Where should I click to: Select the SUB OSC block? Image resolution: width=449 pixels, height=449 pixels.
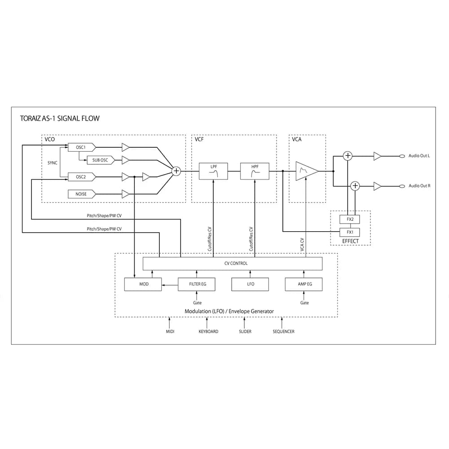(101, 160)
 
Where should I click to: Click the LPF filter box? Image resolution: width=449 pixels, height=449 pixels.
(213, 171)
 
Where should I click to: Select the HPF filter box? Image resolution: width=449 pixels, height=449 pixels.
(255, 171)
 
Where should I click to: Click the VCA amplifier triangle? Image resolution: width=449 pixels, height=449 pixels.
(307, 171)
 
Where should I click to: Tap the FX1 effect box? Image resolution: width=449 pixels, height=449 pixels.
(350, 232)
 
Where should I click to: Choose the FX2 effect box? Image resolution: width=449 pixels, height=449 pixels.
(350, 220)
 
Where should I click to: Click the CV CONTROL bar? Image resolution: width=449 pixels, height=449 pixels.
(233, 264)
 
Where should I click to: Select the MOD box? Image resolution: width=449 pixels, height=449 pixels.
(143, 284)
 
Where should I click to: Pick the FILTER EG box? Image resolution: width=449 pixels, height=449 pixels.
(197, 284)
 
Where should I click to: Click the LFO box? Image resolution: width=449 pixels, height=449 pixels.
(250, 284)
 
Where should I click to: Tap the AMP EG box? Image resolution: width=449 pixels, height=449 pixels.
(304, 284)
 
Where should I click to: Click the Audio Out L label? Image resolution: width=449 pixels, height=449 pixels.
(419, 156)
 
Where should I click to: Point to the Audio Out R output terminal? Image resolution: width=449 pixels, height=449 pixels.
(402, 186)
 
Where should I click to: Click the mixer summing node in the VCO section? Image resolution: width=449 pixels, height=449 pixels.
(176, 171)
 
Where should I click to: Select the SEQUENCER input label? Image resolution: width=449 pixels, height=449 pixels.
(283, 331)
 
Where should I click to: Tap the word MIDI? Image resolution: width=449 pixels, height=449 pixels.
(170, 331)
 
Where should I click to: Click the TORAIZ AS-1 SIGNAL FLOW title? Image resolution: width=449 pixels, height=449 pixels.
(60, 119)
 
